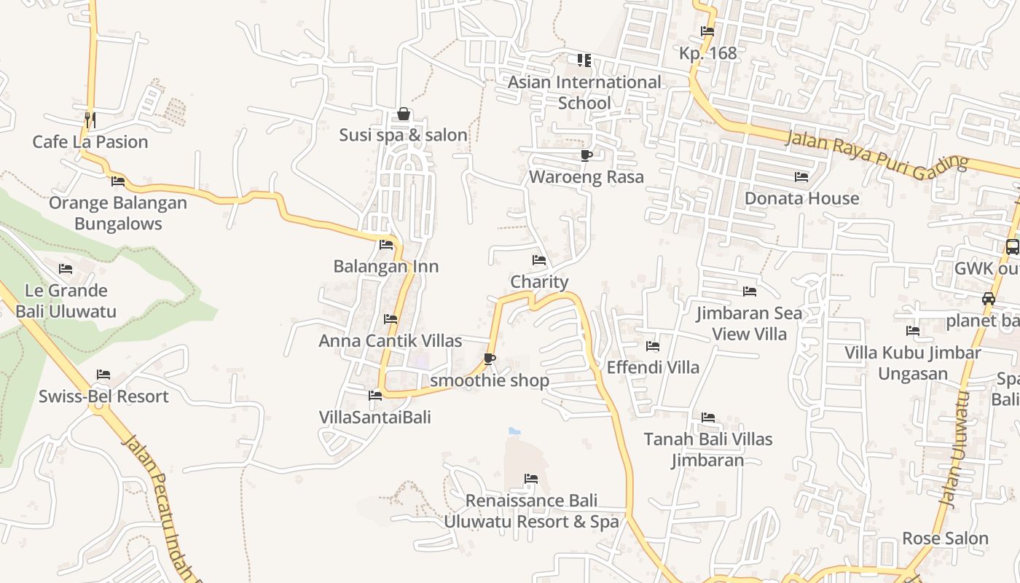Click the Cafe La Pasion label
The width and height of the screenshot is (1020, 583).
(x=90, y=141)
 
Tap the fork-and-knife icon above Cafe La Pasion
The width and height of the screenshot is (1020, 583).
(x=90, y=118)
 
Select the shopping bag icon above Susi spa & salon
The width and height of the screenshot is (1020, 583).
(x=403, y=114)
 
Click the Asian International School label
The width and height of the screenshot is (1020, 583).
(x=584, y=93)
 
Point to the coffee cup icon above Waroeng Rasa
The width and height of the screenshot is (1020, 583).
(x=586, y=155)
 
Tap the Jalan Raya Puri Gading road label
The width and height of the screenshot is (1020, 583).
(x=877, y=152)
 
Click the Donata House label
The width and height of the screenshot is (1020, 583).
(x=801, y=198)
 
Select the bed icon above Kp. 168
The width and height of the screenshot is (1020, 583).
(x=707, y=31)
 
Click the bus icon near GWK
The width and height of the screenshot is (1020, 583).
(x=1012, y=247)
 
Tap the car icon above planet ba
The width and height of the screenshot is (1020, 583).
(x=989, y=299)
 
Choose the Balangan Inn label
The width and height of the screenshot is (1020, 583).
(x=386, y=267)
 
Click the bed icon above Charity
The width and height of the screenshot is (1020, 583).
(x=539, y=260)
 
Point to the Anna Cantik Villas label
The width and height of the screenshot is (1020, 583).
(x=391, y=340)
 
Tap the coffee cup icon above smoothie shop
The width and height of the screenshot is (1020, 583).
(x=490, y=359)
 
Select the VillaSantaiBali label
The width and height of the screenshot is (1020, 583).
(x=375, y=418)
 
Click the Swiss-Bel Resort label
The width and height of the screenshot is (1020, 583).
(x=103, y=396)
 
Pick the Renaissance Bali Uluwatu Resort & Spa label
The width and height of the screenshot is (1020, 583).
(x=532, y=511)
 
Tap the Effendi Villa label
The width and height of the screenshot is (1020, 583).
(x=653, y=367)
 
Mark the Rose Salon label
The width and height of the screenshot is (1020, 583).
(x=945, y=539)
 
